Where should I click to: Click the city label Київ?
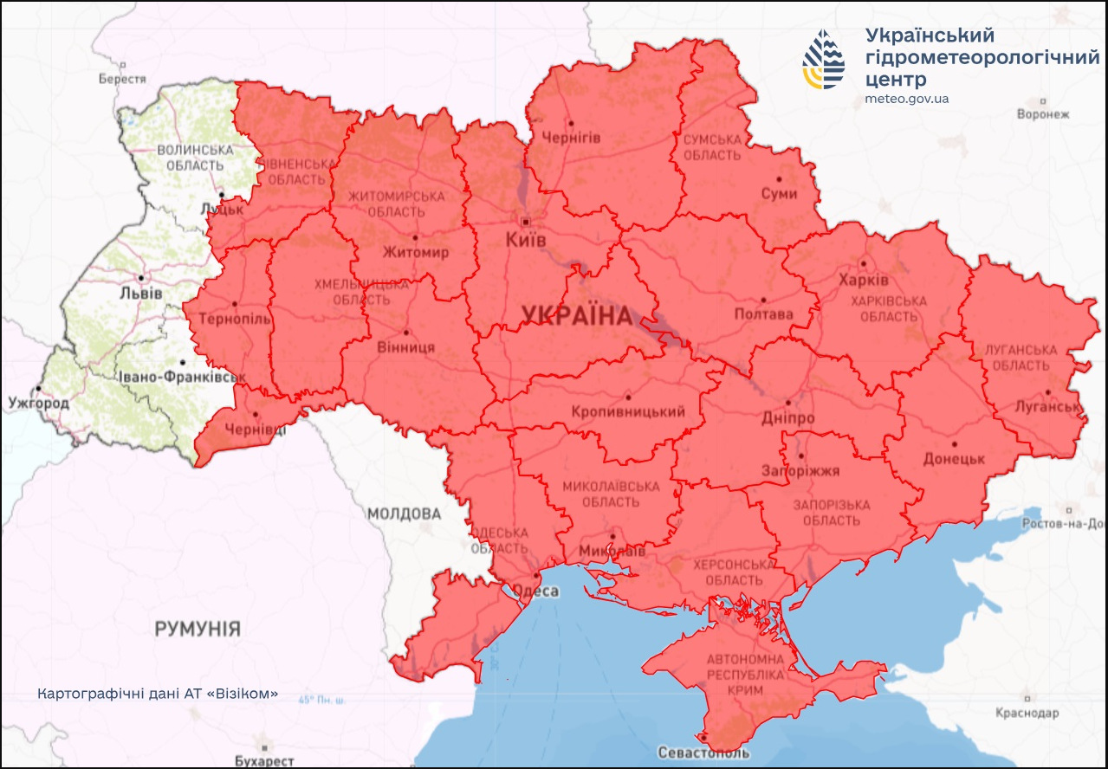pos(526,240)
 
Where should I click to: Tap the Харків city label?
pos(863,281)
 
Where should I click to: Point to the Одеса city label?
pos(535,591)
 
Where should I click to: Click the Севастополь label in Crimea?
pos(703,752)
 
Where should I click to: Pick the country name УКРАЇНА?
pos(576,316)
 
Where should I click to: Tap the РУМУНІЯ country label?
pos(198,629)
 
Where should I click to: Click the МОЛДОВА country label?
pos(404,514)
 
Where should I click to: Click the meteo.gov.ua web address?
pos(906,99)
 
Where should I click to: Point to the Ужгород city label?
pos(37,403)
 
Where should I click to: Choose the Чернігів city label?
pos(570,138)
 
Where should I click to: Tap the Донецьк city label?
pos(955,458)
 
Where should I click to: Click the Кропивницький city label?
pos(628,411)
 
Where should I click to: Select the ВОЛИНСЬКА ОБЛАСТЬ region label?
pos(195,158)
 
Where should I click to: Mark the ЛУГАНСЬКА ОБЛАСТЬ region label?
pos(1021,358)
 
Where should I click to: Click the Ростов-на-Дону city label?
pos(1064,524)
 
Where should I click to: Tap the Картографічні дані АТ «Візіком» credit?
pos(158,694)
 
